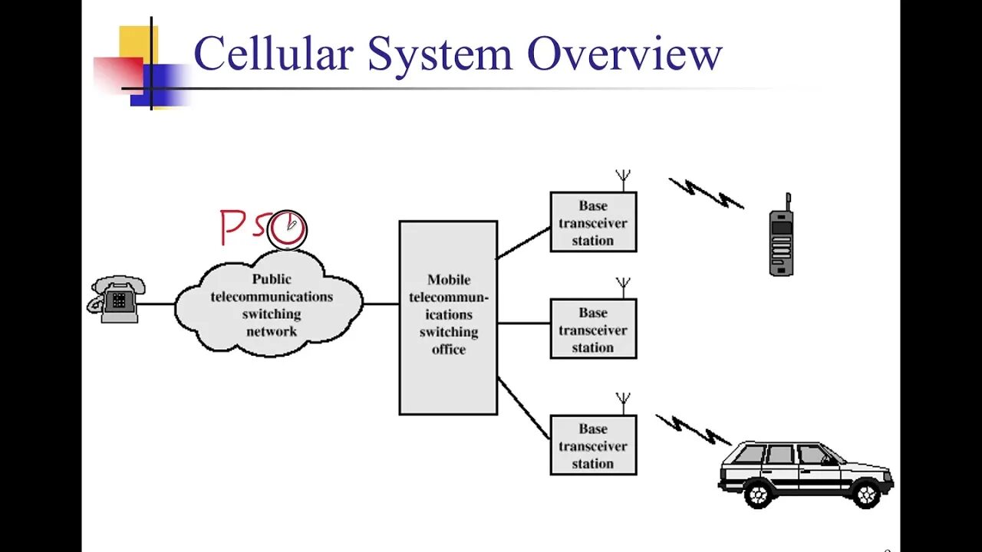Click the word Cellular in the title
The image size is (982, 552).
tap(273, 55)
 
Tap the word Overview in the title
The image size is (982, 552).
tap(624, 55)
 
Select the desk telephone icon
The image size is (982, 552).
tap(116, 299)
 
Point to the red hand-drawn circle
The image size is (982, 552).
tap(287, 229)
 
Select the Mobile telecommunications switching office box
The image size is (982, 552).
tap(448, 317)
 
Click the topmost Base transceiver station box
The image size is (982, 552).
tap(593, 222)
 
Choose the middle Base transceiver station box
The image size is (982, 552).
tap(593, 329)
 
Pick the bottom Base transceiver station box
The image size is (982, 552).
tap(593, 445)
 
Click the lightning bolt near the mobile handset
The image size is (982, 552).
tap(706, 193)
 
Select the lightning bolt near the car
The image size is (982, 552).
tap(693, 429)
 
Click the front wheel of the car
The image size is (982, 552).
tap(866, 494)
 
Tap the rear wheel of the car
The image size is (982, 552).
tap(757, 495)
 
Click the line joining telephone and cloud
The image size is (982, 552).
tap(157, 304)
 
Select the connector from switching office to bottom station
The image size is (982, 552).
tap(523, 407)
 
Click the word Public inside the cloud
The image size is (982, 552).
tap(272, 279)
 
